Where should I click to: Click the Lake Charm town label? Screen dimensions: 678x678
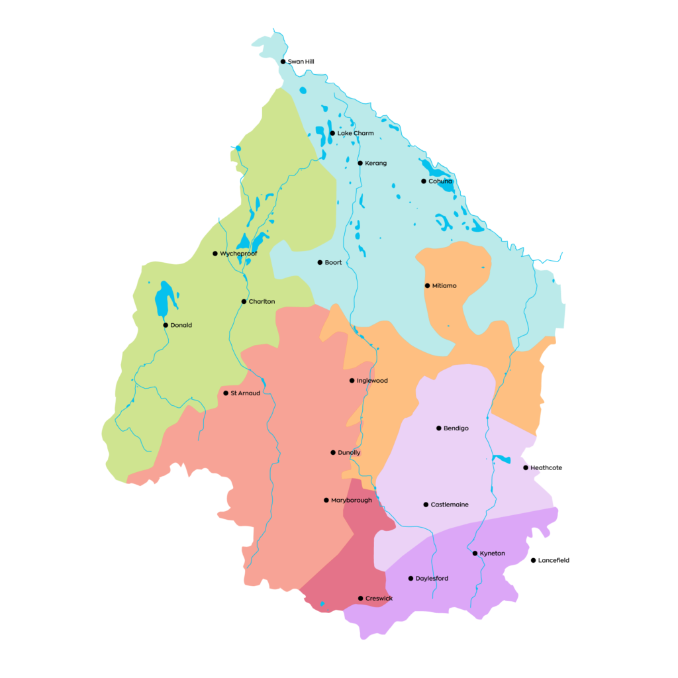tap(356, 133)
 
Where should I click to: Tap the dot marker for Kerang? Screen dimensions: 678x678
tap(360, 163)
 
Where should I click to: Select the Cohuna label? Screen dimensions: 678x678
tap(440, 181)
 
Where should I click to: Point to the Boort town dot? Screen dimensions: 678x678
tap(320, 262)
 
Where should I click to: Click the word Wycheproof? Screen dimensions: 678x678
tap(238, 254)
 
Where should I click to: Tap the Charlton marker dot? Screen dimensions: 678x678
tap(244, 301)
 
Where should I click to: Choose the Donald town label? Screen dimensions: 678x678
tap(181, 325)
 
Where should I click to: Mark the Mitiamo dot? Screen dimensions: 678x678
tap(427, 285)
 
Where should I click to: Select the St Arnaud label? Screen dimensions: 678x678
tap(245, 393)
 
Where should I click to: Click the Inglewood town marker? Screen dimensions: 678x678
tap(352, 381)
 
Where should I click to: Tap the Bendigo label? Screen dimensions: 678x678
tap(456, 428)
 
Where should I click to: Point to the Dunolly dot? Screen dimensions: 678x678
tap(333, 453)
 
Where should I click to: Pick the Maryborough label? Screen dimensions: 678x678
tap(351, 501)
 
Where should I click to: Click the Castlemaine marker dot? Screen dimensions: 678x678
tap(426, 505)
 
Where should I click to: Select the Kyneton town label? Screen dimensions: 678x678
tap(492, 554)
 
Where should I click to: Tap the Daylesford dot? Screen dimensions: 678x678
tap(411, 579)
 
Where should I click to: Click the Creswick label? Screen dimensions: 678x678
tap(379, 599)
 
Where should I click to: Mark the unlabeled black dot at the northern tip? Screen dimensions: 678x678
tap(283, 62)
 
